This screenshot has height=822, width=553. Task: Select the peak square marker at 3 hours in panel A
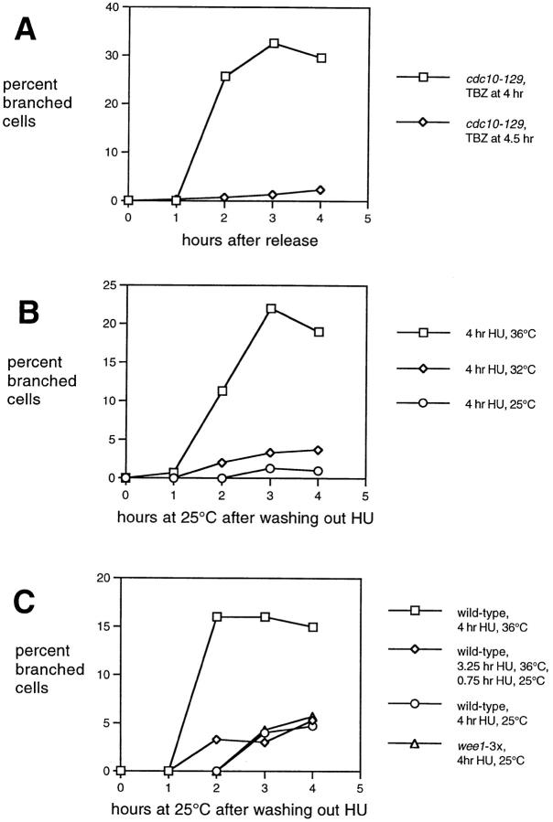point(274,43)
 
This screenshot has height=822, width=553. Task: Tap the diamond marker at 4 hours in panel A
point(320,189)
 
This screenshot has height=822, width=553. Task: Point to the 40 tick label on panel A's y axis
point(108,7)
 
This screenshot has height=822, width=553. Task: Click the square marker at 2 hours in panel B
point(222,390)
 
